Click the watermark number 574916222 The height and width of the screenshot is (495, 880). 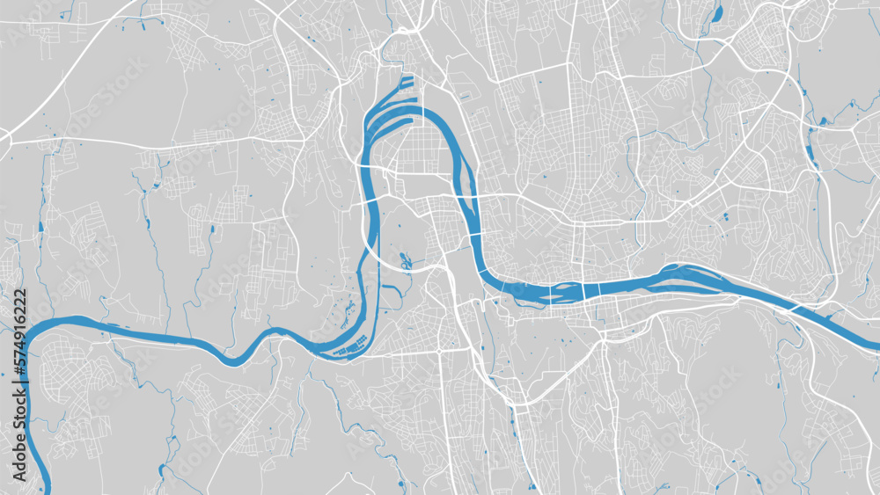(20, 335)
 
